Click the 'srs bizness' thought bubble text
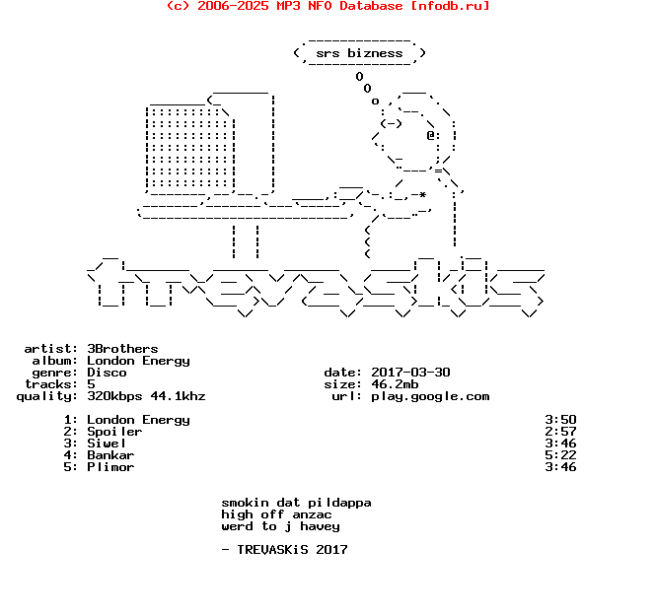(359, 53)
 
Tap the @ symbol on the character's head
(430, 136)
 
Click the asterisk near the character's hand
(423, 194)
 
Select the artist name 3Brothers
(122, 348)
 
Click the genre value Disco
(107, 373)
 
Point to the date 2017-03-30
(410, 373)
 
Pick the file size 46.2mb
(395, 383)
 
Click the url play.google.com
(430, 396)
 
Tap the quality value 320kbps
(114, 396)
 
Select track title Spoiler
(114, 432)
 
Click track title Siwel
(107, 444)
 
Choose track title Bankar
(110, 454)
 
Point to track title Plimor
(110, 467)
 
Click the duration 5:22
(560, 454)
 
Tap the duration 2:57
(560, 432)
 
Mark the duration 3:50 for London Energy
(560, 419)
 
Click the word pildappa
(339, 503)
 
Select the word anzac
(312, 514)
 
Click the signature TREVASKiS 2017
(292, 550)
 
